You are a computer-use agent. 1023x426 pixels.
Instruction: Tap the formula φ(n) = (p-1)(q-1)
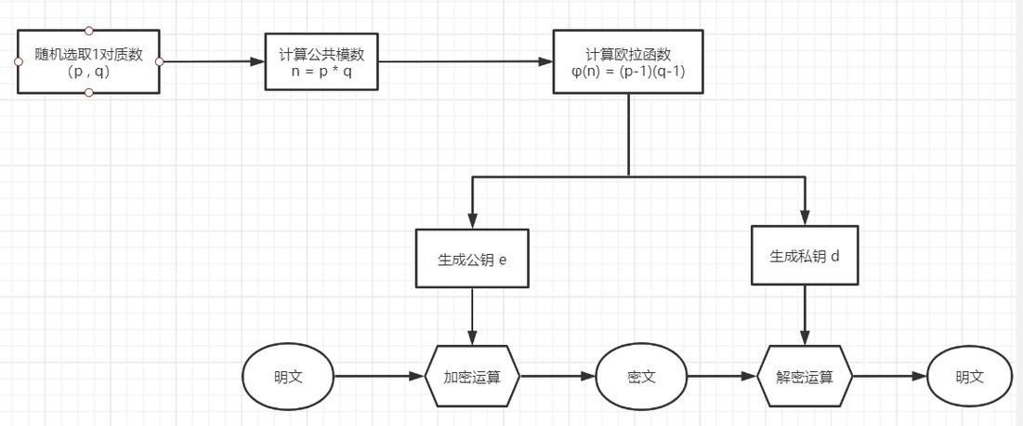[x=628, y=72]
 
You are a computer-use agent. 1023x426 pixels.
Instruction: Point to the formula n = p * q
[x=321, y=72]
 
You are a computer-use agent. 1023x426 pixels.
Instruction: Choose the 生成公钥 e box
[x=472, y=260]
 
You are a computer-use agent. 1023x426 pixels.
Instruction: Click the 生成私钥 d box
[x=805, y=256]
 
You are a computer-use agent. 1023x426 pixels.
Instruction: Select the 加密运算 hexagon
[x=472, y=378]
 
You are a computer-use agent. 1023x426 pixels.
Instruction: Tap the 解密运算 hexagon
[x=805, y=378]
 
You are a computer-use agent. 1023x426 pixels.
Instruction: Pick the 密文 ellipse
[x=641, y=378]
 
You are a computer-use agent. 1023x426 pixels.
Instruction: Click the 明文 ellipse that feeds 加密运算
[x=288, y=378]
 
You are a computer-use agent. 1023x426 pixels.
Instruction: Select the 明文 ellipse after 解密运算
[x=970, y=378]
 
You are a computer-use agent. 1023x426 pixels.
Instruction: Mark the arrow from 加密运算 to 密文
[x=557, y=378]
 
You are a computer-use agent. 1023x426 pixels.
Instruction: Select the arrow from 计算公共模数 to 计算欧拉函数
[x=465, y=62]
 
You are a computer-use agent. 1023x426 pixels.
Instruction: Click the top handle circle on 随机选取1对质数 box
[x=88, y=31]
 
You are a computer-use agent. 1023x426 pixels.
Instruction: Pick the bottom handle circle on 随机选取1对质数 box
[x=88, y=93]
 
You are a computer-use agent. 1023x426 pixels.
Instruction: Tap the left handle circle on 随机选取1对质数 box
[x=18, y=61]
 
